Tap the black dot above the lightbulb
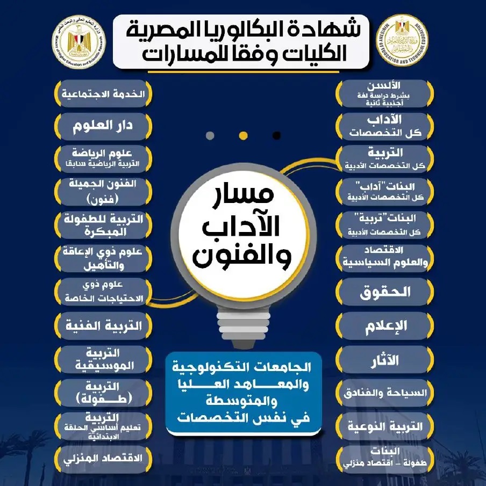[x=276, y=135]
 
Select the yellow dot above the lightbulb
[x=243, y=135]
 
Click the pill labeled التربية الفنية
[x=103, y=325]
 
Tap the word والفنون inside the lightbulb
[x=242, y=257]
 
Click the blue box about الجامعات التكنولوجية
[x=243, y=392]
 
